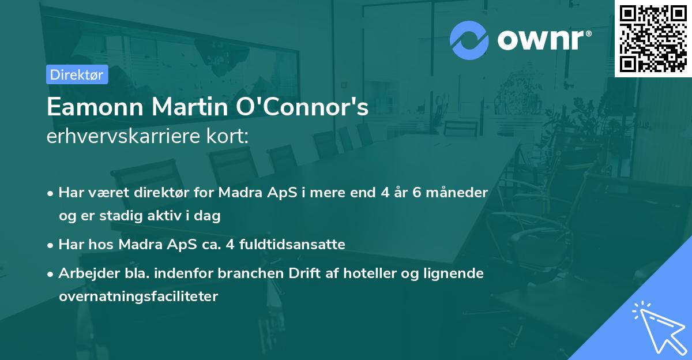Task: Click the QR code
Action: click(653, 39)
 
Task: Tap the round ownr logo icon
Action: click(469, 40)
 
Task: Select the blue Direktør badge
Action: click(77, 74)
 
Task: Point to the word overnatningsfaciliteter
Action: click(138, 297)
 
